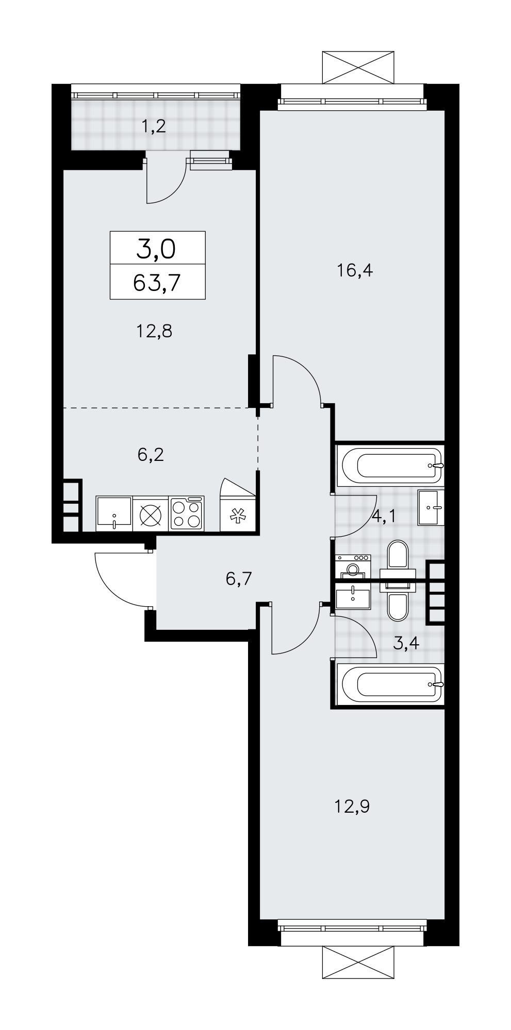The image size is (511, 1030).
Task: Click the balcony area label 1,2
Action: coord(154,126)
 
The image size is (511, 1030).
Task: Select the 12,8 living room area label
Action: coord(154,331)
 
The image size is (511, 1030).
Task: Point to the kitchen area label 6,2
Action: coord(151,455)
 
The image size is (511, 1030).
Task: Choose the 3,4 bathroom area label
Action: coord(406,643)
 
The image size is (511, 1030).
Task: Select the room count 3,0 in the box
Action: coord(156,250)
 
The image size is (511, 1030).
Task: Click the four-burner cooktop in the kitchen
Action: coord(187,513)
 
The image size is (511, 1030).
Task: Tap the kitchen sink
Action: coord(114,513)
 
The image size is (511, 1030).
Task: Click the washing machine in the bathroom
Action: coord(353,566)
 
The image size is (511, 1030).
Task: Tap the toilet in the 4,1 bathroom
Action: coord(398,561)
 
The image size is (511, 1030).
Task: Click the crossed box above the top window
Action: coord(358,67)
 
